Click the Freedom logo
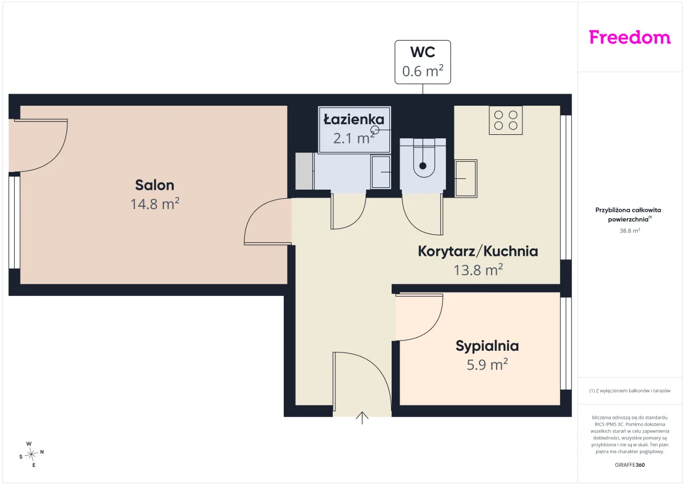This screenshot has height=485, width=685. click(x=630, y=37)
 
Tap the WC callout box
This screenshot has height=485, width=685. click(x=422, y=62)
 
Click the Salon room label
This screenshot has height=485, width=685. click(x=155, y=185)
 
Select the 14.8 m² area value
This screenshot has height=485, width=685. click(x=155, y=204)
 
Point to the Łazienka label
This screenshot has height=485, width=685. click(x=354, y=119)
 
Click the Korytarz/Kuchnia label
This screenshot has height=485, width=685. click(x=478, y=251)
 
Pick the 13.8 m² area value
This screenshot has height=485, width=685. click(x=478, y=270)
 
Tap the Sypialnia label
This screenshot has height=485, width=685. click(x=487, y=346)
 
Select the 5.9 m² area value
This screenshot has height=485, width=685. click(x=487, y=364)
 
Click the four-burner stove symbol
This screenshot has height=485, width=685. click(x=506, y=121)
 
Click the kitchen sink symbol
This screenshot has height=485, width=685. click(x=466, y=179)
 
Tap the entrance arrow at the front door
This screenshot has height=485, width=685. click(x=362, y=418)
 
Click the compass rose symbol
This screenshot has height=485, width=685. click(x=31, y=454)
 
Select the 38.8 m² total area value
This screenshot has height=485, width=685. click(x=630, y=231)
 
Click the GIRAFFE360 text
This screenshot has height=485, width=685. click(x=630, y=465)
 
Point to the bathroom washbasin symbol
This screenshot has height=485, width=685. click(x=381, y=172)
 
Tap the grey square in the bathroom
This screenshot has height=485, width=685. click(x=304, y=171)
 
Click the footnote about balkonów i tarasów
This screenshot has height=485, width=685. click(x=630, y=391)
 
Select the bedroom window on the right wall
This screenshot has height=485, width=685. click(x=566, y=343)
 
